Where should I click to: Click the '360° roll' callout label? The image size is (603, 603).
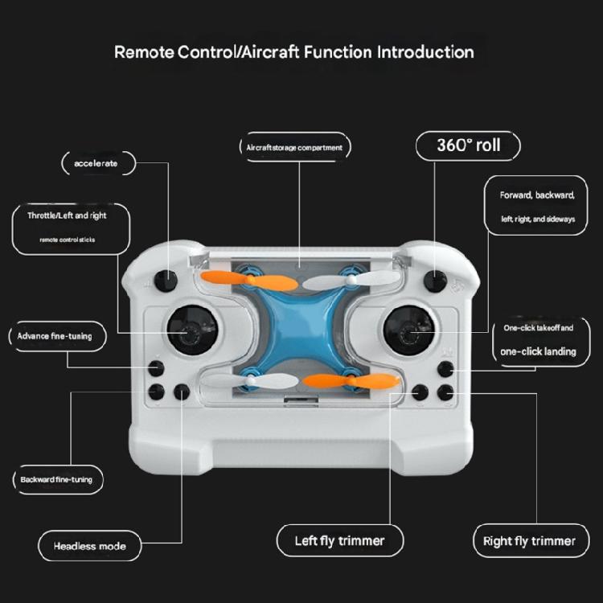(468, 146)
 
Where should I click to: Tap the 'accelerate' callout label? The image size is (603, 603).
(96, 163)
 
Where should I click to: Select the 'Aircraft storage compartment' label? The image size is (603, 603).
(294, 147)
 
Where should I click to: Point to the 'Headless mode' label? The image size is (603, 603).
(89, 546)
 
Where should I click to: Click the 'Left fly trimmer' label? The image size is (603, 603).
(339, 540)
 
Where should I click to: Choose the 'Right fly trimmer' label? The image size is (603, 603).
(529, 540)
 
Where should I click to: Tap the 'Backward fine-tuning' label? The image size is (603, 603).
(56, 480)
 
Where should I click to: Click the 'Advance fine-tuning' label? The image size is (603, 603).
(55, 336)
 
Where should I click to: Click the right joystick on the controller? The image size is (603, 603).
(408, 330)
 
